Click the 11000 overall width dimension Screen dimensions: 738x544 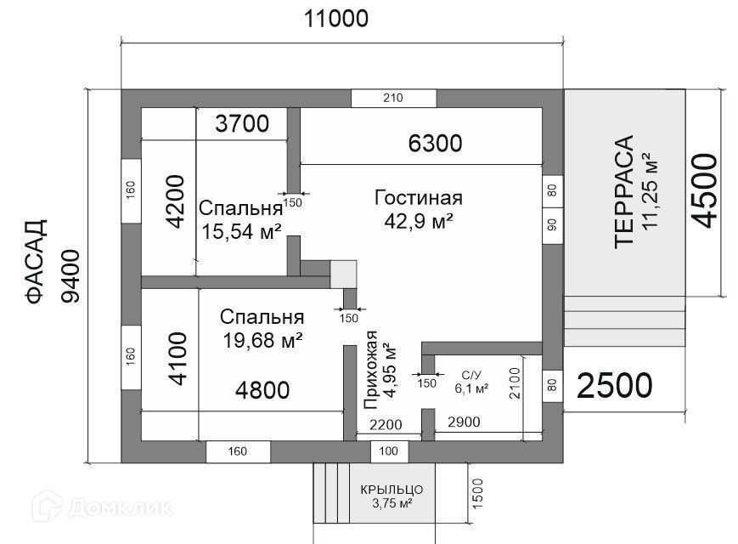tap(336, 20)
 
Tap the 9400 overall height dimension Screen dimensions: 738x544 tap(71, 276)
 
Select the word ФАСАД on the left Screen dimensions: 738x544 tap(37, 262)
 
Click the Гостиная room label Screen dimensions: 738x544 tap(419, 198)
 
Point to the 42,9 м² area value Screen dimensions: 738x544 tap(419, 221)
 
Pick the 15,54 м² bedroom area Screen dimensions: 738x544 tap(241, 231)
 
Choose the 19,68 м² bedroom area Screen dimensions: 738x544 tap(262, 340)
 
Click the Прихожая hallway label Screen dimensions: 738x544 tap(371, 370)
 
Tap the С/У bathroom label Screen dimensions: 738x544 tap(471, 376)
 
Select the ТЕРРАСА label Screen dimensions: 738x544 tap(624, 191)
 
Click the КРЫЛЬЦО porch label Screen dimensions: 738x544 tap(392, 490)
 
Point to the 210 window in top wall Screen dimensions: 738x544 tap(393, 98)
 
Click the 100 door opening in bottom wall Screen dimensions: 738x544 tap(388, 451)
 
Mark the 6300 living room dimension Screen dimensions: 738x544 tap(435, 144)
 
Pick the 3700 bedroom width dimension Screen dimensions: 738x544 tap(242, 124)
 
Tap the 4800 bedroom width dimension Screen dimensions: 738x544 tap(262, 390)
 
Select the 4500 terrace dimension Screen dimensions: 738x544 tap(704, 190)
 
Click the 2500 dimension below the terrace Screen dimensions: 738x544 tap(614, 386)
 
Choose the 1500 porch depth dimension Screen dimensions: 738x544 tap(478, 494)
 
